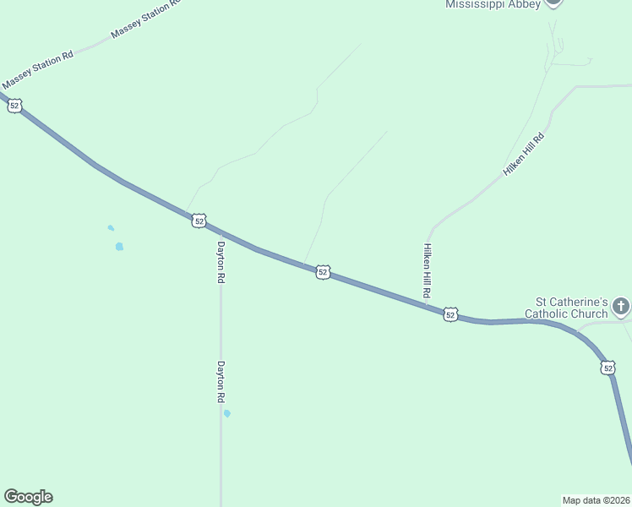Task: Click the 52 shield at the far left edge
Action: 14,106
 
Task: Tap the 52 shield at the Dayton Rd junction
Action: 199,221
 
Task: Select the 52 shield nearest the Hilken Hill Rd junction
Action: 450,314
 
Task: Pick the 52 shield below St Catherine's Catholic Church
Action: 608,368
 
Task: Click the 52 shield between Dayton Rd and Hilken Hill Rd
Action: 323,272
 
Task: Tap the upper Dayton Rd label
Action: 221,262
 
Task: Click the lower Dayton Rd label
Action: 221,381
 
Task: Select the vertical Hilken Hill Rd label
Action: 428,270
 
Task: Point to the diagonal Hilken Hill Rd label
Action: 525,154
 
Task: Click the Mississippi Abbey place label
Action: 493,4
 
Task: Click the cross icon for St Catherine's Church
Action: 621,306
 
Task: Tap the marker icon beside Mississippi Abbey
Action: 553,3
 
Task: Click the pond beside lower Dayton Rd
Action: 226,413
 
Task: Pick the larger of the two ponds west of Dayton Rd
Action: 119,247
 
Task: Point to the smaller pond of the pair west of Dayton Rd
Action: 111,227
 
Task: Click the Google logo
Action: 28,497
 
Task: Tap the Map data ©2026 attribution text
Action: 597,499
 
